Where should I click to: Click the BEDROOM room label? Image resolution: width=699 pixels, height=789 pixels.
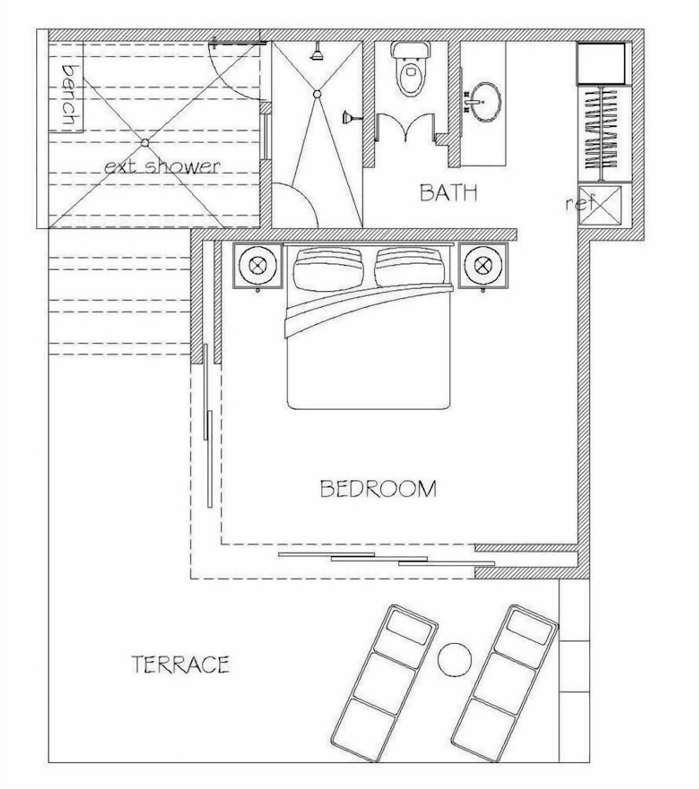tap(379, 488)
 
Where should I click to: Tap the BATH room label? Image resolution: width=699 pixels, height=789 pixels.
tap(449, 193)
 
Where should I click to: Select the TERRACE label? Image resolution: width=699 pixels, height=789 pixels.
tap(181, 664)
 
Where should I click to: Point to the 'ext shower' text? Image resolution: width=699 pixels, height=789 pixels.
tap(162, 166)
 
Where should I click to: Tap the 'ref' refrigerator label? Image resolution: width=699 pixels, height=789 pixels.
tap(578, 204)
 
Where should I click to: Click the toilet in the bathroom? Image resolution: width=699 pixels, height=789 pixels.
tap(412, 69)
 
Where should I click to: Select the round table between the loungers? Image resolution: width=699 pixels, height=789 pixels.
tap(454, 659)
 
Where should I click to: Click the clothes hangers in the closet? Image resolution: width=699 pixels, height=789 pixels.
tap(601, 133)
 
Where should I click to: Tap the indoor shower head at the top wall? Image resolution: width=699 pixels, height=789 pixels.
tap(317, 52)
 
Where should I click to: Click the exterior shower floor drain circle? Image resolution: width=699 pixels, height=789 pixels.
tap(145, 143)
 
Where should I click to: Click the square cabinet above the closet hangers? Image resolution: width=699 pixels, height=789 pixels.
tap(601, 63)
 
